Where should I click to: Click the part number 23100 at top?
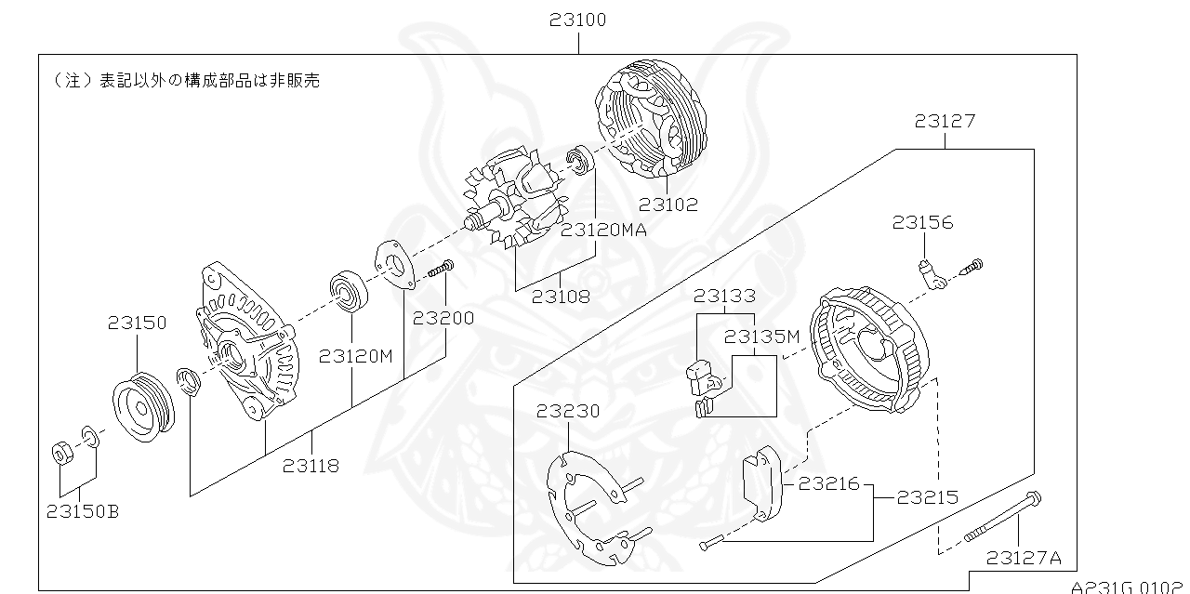pyautogui.click(x=577, y=20)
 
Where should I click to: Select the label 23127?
pyautogui.click(x=945, y=121)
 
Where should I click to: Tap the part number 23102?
pyautogui.click(x=667, y=205)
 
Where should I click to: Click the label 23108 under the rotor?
pyautogui.click(x=561, y=297)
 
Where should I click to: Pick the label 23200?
pyautogui.click(x=443, y=318)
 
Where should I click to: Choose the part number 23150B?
pyautogui.click(x=82, y=511)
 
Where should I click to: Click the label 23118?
pyautogui.click(x=311, y=466)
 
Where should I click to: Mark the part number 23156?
pyautogui.click(x=923, y=222)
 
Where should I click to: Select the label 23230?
pyautogui.click(x=567, y=411)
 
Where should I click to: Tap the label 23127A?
pyautogui.click(x=1024, y=558)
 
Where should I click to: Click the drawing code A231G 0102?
pyautogui.click(x=1130, y=587)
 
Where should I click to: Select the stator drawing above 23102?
pyautogui.click(x=652, y=120)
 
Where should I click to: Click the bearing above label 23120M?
pyautogui.click(x=350, y=291)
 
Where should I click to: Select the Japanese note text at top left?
pyautogui.click(x=187, y=81)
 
